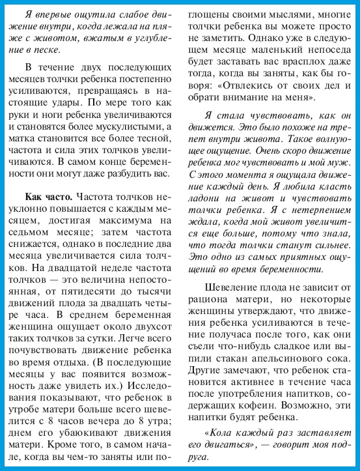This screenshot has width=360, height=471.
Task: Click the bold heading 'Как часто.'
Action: [48, 196]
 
